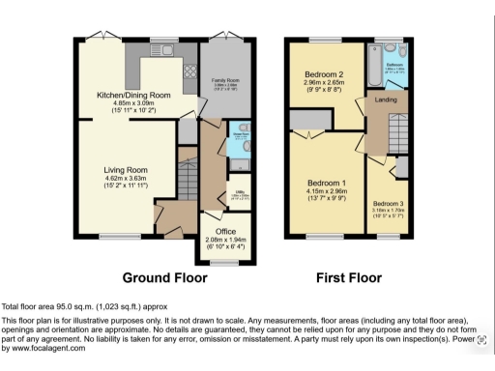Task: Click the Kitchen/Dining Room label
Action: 133,95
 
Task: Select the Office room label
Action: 226,232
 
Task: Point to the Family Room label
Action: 227,80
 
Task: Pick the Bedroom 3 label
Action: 389,204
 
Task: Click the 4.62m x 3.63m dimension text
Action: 126,179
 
